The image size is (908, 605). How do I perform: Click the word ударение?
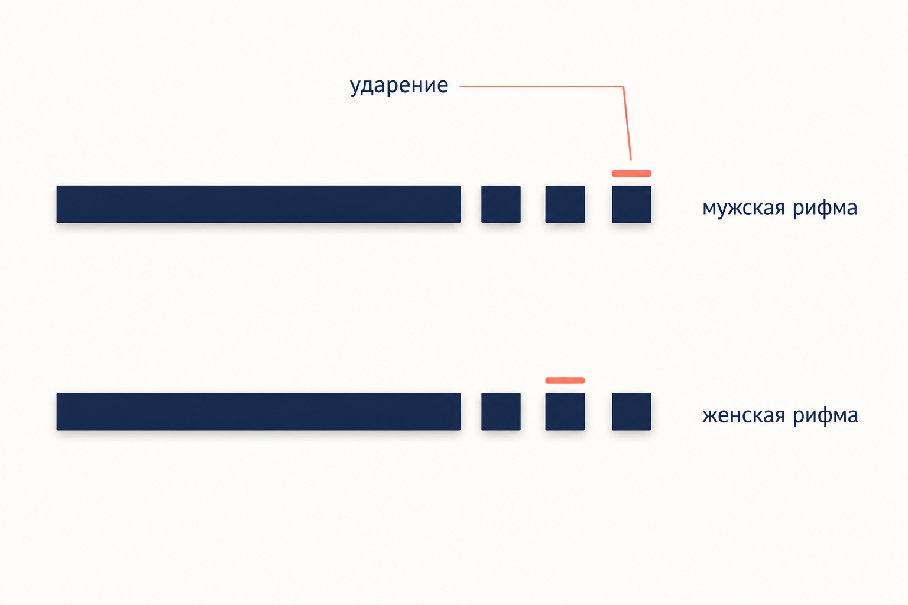(x=399, y=86)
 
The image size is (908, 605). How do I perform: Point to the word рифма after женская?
(x=825, y=415)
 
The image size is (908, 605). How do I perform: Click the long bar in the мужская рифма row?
(x=258, y=204)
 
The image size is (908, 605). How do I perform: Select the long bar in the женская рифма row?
(x=258, y=411)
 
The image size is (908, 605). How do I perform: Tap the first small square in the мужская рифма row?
(x=501, y=204)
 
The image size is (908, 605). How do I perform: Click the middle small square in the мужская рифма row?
(x=565, y=204)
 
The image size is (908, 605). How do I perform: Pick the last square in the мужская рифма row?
(x=631, y=204)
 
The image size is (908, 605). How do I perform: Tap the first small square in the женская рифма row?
(x=501, y=411)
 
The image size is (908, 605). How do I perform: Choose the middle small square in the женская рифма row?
(x=565, y=411)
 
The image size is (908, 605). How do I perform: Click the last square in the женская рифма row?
(x=631, y=411)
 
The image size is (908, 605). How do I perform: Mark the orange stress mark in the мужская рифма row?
(x=631, y=174)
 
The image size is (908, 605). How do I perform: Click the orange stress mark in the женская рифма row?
(x=565, y=380)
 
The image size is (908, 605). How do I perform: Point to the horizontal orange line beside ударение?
(x=541, y=86)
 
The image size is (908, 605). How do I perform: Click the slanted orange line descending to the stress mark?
(x=627, y=123)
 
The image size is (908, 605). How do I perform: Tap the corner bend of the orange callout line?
(x=624, y=86)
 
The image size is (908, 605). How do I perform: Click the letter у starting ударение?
(x=355, y=89)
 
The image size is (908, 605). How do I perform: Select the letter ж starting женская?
(x=710, y=416)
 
